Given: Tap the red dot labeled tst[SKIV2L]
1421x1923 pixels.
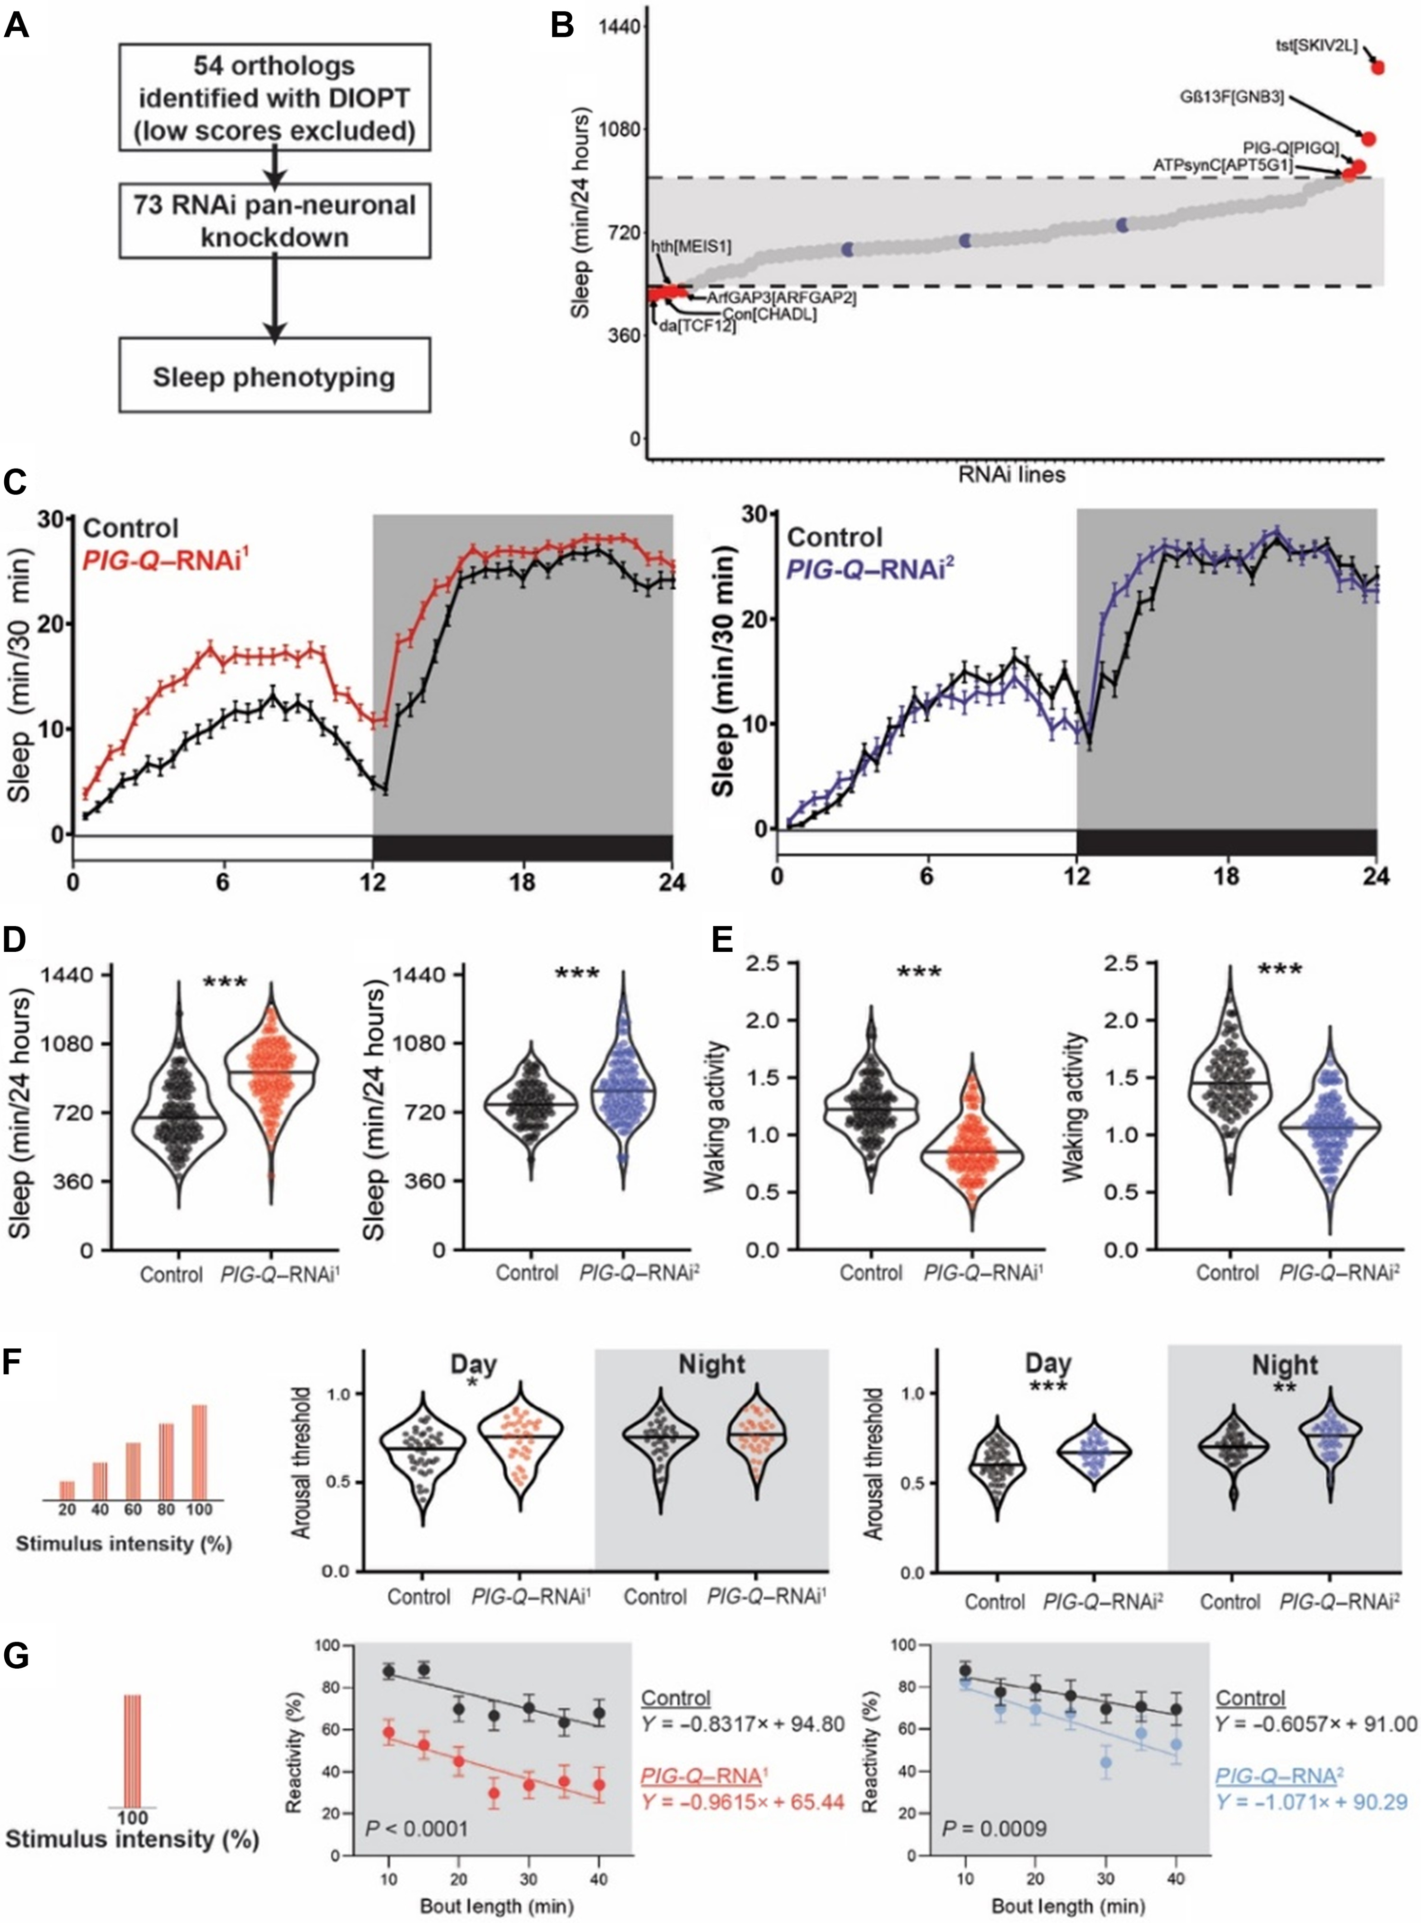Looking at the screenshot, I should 1377,67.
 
